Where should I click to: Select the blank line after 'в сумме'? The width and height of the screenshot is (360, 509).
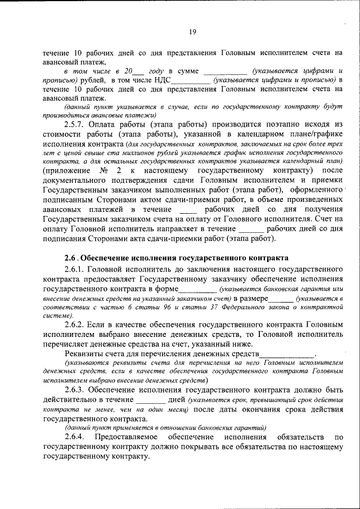click(224, 72)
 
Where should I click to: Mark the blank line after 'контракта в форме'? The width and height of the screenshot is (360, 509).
click(197, 289)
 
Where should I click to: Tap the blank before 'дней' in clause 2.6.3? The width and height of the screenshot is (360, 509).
click(150, 400)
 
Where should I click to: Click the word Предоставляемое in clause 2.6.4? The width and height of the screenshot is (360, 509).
click(125, 436)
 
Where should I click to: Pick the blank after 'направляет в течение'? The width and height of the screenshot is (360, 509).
click(251, 230)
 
